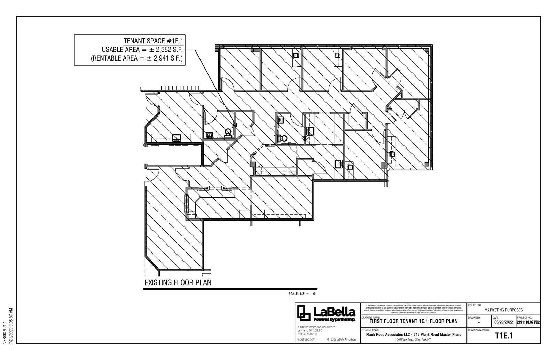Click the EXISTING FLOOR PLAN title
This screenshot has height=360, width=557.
(178, 282)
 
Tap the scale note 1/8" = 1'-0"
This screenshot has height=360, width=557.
(302, 294)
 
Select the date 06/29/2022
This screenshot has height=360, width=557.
(503, 322)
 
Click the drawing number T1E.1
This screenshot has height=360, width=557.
(504, 336)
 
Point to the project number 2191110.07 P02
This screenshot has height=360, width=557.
(528, 322)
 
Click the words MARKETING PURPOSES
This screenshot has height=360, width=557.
(503, 310)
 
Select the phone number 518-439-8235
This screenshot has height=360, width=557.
(307, 334)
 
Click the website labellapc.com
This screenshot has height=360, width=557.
(307, 339)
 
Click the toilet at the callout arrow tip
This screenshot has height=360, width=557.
(228, 133)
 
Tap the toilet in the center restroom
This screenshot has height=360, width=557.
(282, 138)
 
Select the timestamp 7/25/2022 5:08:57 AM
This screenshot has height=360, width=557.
(11, 326)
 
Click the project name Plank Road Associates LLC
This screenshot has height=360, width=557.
(413, 335)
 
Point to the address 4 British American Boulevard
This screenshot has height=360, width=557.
(316, 327)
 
